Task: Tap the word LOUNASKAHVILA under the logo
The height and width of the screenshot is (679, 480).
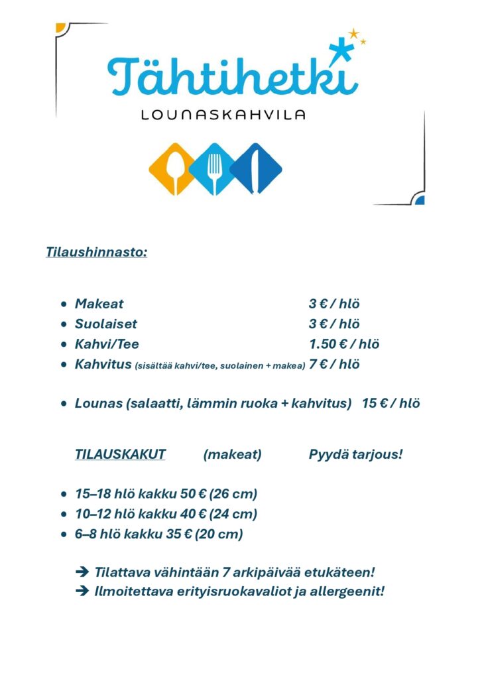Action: click(x=223, y=115)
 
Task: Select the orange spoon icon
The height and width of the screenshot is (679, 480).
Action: click(x=172, y=168)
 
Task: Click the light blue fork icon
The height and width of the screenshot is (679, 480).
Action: click(x=214, y=168)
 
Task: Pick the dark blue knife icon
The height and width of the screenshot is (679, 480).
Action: click(x=256, y=168)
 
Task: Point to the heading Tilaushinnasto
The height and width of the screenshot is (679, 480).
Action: click(x=97, y=252)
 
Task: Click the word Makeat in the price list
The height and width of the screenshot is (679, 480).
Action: click(x=99, y=304)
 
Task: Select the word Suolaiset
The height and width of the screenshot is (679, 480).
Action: click(x=106, y=324)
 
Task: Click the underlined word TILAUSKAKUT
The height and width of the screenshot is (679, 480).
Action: click(x=120, y=455)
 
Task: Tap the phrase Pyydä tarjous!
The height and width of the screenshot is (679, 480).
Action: click(x=355, y=455)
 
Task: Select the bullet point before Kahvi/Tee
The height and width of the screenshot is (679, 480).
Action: click(x=63, y=345)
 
